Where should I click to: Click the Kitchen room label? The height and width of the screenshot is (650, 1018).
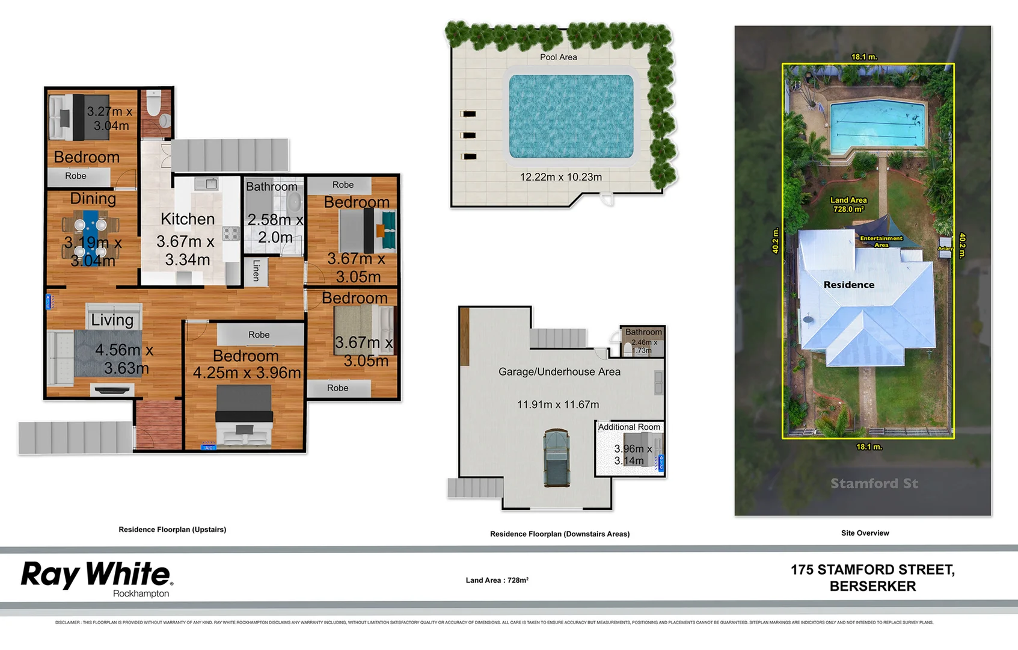[188, 219]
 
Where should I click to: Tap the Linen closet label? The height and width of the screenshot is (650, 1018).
[256, 270]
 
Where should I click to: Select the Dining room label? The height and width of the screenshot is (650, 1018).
[93, 199]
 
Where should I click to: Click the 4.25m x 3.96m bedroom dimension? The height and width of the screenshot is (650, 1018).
[247, 373]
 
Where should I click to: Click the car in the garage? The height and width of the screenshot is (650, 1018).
[556, 457]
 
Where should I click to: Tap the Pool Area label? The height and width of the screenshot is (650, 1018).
[558, 57]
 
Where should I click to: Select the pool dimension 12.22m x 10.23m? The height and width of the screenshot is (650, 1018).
[560, 177]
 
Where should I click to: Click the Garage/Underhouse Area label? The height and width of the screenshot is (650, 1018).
[559, 372]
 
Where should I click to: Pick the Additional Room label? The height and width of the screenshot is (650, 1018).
[629, 427]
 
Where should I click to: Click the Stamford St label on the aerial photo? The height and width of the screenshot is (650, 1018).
[874, 483]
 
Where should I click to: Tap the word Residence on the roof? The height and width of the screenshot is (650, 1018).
[848, 285]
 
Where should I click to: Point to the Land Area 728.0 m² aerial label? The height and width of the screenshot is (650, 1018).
[848, 205]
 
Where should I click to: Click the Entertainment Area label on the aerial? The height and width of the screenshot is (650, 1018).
[881, 241]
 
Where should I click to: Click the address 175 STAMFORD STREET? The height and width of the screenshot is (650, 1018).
[872, 570]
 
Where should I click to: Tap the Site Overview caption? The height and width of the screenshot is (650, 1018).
[865, 533]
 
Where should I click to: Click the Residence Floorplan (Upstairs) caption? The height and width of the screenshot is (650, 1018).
[172, 530]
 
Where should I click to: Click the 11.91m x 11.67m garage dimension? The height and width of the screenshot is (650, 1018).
[558, 404]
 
